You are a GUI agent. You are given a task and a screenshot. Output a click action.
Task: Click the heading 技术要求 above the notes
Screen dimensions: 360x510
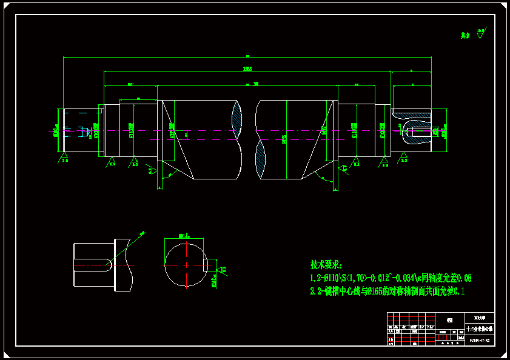326,265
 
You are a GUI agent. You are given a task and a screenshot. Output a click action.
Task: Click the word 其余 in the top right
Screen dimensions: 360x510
465,36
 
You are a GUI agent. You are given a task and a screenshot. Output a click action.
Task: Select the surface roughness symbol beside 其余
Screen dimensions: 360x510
480,33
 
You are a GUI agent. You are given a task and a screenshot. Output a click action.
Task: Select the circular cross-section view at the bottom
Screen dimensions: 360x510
185,265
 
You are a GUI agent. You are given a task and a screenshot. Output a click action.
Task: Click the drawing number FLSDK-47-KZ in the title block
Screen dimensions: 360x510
479,340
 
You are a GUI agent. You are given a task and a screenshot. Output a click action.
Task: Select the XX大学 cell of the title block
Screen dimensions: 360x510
479,318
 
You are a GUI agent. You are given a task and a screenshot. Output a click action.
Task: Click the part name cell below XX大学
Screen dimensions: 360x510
479,328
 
